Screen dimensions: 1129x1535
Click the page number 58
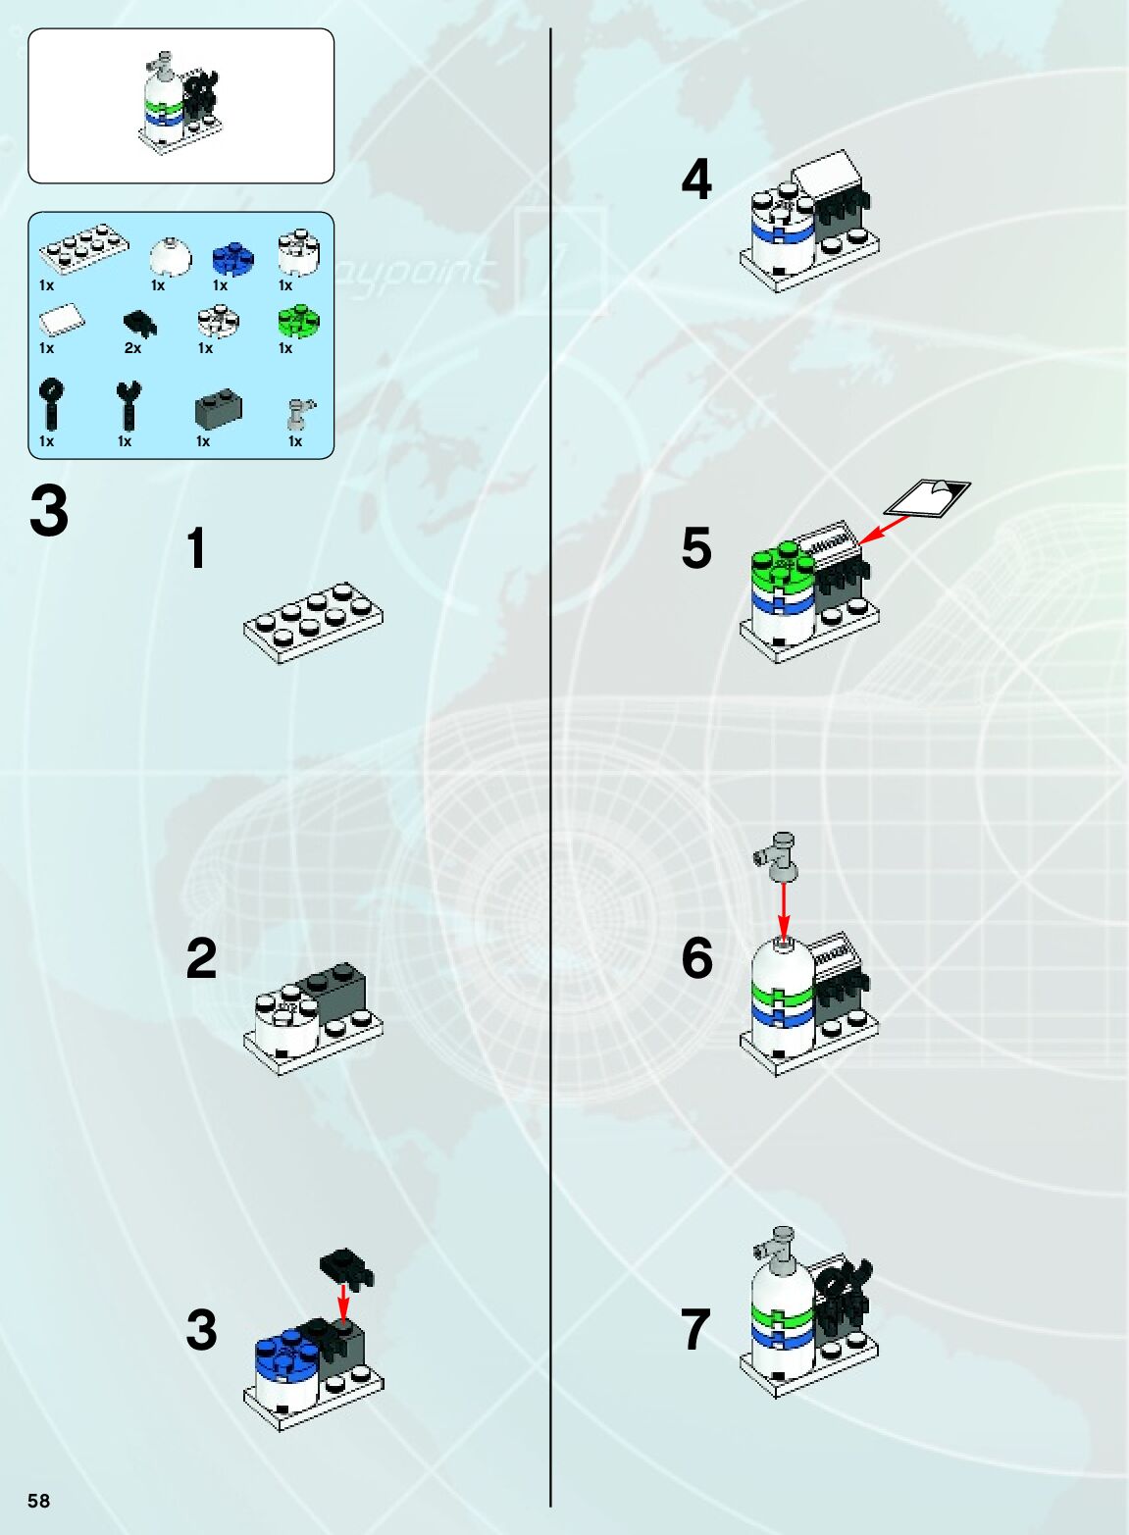pyautogui.click(x=38, y=1500)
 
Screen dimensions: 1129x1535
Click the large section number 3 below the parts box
pyautogui.click(x=49, y=511)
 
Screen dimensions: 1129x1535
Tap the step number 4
pyautogui.click(x=696, y=179)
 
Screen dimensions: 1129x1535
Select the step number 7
pyautogui.click(x=695, y=1329)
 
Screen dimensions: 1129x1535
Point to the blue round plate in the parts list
pyautogui.click(x=232, y=259)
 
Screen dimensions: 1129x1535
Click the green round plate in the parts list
pyautogui.click(x=299, y=321)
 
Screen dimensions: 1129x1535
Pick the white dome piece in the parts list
pyautogui.click(x=169, y=258)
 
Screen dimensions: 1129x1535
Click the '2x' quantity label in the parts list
pyautogui.click(x=132, y=348)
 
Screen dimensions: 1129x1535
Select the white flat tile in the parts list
pyautogui.click(x=62, y=321)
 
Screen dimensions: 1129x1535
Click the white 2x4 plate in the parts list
pyautogui.click(x=84, y=249)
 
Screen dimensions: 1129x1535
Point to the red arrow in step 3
pyautogui.click(x=342, y=1302)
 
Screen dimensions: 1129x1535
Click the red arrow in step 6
pyautogui.click(x=783, y=908)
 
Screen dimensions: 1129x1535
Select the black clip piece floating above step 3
pyautogui.click(x=347, y=1267)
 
